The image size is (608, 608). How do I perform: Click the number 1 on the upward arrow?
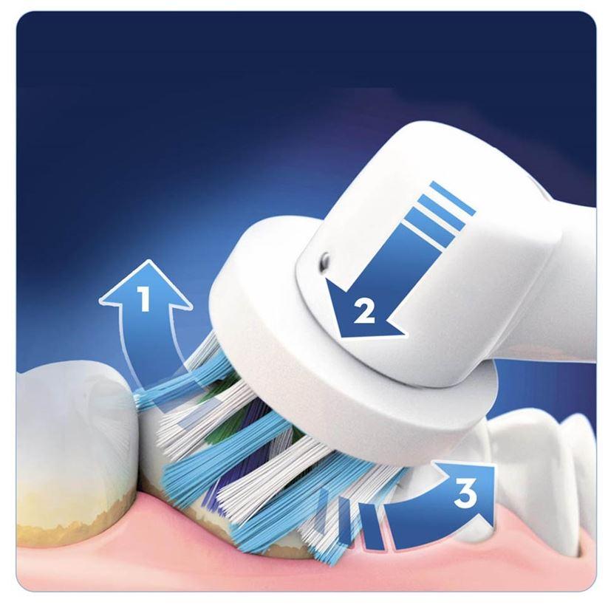(x=145, y=298)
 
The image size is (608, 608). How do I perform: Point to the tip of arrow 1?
(x=148, y=261)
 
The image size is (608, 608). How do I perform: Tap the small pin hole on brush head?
(x=324, y=259)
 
